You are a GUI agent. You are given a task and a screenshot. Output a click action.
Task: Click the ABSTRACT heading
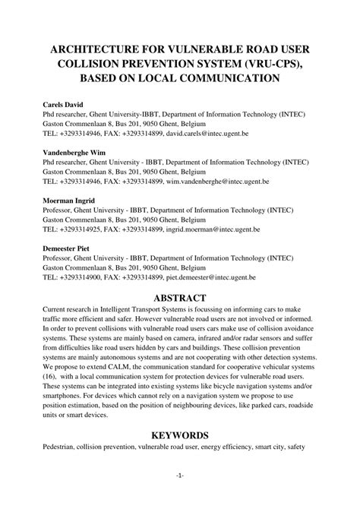pyautogui.click(x=179, y=299)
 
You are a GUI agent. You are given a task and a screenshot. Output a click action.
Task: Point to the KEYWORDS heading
pyautogui.click(x=179, y=435)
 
